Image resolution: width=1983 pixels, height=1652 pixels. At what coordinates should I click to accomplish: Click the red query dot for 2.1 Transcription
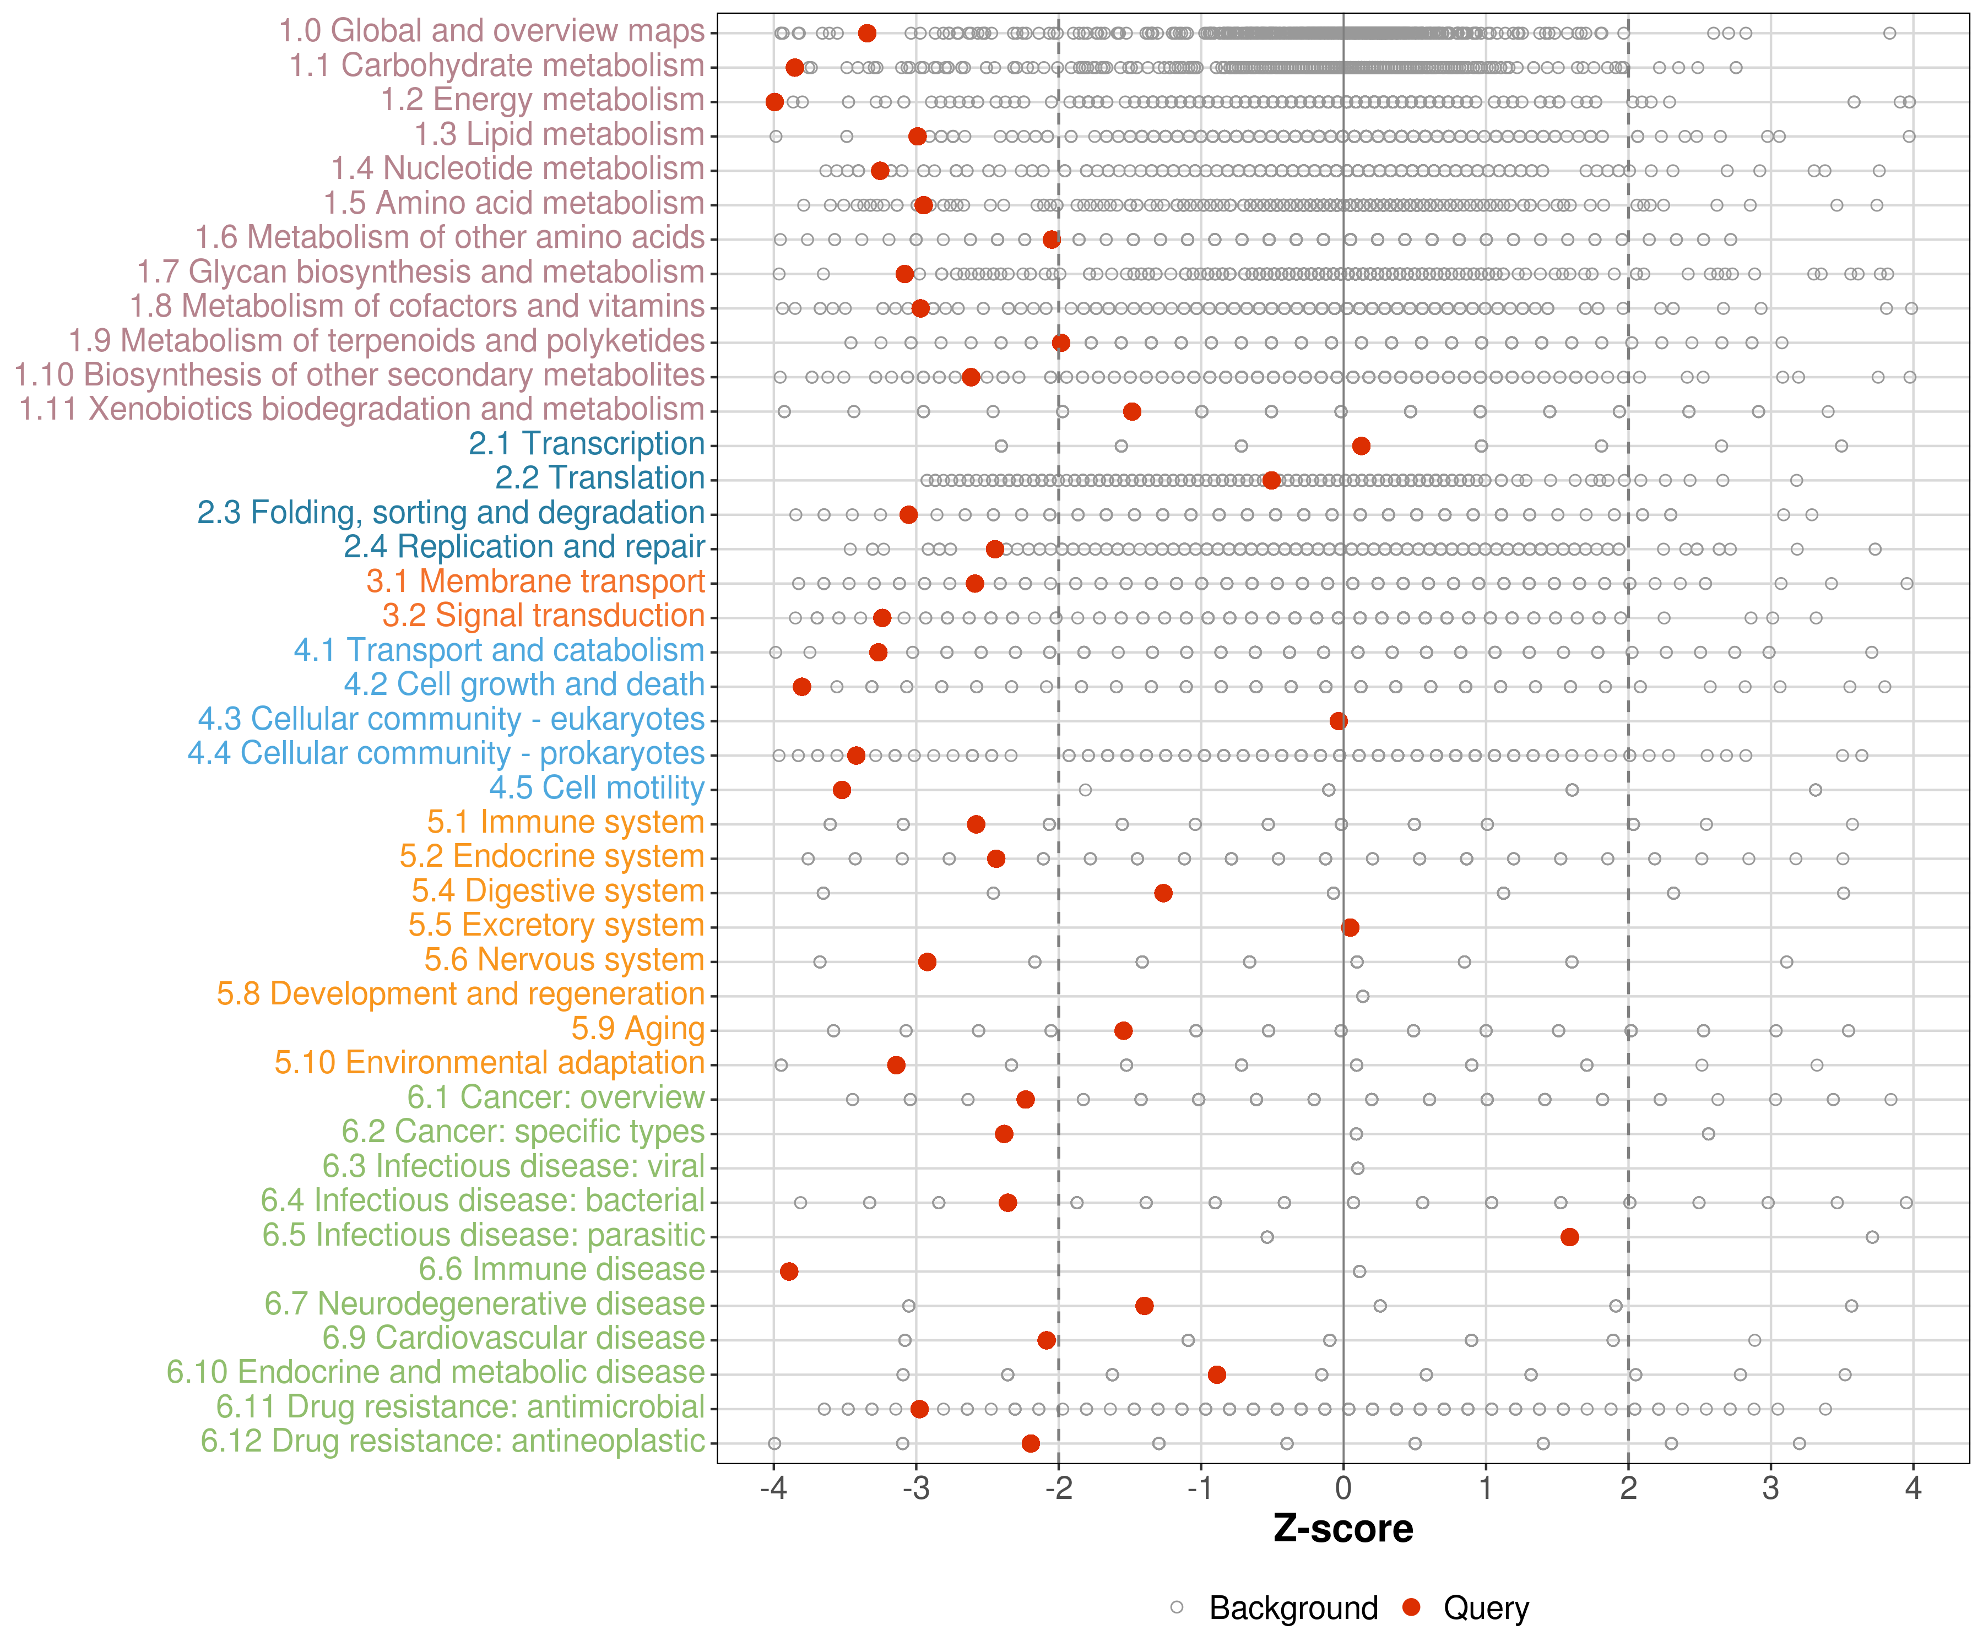(x=1361, y=445)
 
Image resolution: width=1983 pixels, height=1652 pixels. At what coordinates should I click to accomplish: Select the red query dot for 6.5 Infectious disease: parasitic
(x=1569, y=1237)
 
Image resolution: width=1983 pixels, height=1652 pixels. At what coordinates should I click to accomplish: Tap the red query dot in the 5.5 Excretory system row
(x=1350, y=927)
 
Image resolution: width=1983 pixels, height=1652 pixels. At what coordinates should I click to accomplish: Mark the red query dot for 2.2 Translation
(x=1271, y=481)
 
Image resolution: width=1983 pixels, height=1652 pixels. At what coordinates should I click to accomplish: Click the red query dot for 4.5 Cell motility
(x=841, y=789)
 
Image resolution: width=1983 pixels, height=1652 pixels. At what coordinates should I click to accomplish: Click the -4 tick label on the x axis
(x=773, y=1488)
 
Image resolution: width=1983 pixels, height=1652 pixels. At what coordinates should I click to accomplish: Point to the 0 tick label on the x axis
(x=1343, y=1488)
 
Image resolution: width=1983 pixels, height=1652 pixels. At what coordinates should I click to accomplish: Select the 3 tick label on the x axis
(x=1770, y=1488)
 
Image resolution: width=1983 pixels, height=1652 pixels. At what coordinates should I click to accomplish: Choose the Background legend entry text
(x=1294, y=1607)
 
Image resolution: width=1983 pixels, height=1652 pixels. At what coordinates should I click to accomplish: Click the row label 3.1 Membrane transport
(x=535, y=582)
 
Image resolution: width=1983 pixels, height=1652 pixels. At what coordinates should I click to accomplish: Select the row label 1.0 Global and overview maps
(x=491, y=31)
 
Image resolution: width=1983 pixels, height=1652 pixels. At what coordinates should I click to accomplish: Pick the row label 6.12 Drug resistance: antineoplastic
(x=452, y=1442)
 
